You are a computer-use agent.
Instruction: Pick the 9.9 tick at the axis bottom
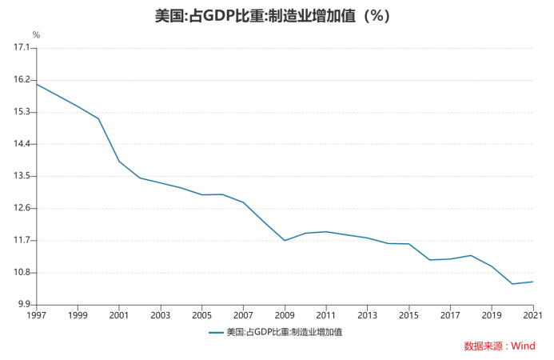tap(23, 305)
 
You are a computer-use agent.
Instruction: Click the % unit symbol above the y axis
tap(36, 35)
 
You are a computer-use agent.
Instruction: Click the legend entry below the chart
tap(276, 332)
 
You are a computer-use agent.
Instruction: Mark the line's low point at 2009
tap(285, 240)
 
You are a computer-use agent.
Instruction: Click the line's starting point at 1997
tap(37, 84)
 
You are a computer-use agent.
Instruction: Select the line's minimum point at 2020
tap(512, 284)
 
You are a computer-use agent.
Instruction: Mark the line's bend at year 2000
tap(99, 119)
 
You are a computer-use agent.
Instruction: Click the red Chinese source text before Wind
tap(484, 346)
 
